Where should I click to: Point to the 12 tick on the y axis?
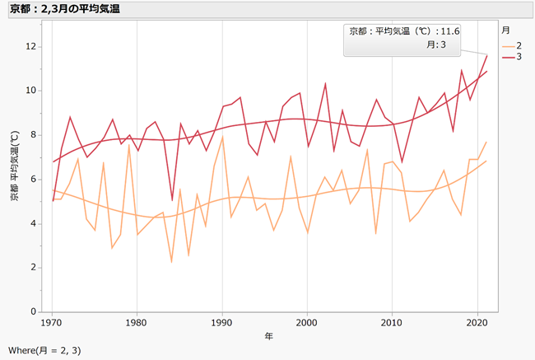[32, 46]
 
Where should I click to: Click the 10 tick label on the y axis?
[32, 91]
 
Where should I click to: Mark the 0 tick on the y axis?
[35, 312]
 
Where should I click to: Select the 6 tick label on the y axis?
[35, 180]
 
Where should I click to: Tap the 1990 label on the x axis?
[222, 323]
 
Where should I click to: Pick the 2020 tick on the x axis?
[477, 323]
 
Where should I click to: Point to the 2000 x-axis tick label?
[307, 323]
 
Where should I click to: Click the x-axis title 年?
[269, 337]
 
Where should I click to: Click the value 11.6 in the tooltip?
[450, 30]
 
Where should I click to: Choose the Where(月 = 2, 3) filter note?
[44, 350]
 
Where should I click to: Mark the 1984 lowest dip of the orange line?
[171, 262]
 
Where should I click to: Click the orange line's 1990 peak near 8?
[222, 137]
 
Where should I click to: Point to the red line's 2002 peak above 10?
[325, 83]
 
